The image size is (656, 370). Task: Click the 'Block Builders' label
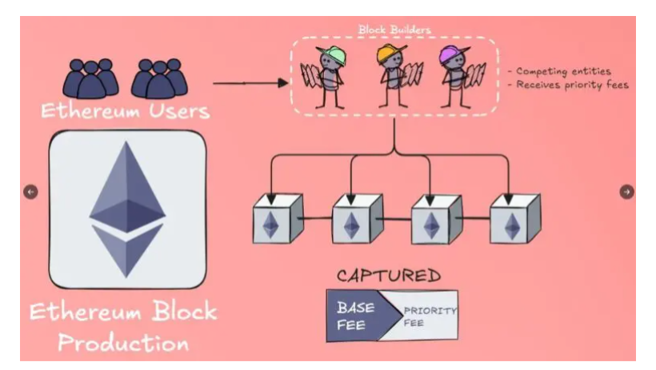(394, 30)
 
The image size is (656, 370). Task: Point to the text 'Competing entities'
(563, 71)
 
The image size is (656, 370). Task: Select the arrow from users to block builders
(250, 82)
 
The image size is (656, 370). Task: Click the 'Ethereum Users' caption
(125, 111)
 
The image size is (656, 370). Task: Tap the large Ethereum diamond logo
(127, 209)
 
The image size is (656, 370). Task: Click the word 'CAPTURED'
(389, 277)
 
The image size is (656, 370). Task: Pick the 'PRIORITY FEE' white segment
(425, 316)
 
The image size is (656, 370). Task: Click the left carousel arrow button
(30, 192)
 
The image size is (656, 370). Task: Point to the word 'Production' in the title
(124, 342)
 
